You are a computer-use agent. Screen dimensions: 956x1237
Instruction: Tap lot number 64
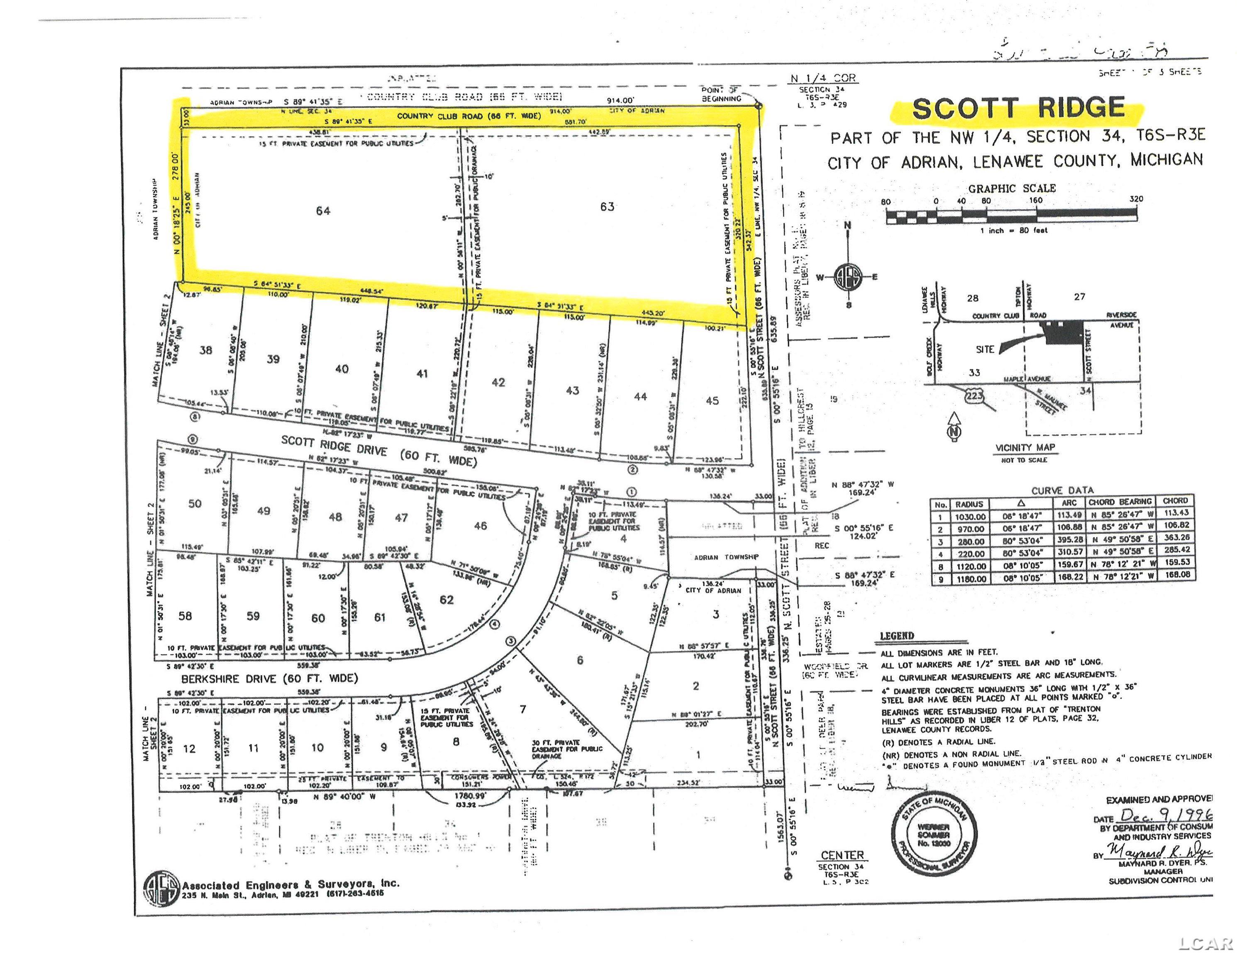(x=323, y=211)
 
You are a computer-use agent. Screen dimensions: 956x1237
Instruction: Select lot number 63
(x=607, y=207)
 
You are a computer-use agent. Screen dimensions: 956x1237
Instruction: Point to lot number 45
(x=712, y=400)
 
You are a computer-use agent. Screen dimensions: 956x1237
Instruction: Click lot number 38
(x=205, y=350)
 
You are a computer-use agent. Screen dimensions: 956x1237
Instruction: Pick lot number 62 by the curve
(x=446, y=599)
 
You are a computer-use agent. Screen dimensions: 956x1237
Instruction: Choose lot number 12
(x=189, y=748)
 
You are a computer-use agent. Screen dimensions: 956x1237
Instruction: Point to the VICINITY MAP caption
(x=1025, y=447)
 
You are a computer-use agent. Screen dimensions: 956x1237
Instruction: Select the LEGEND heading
(x=897, y=636)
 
